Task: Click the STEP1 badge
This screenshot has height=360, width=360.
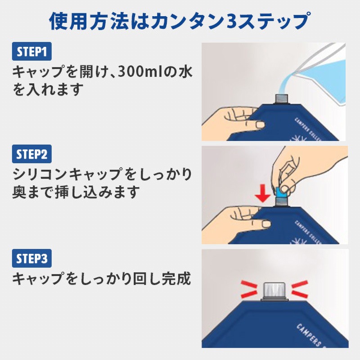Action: point(31,51)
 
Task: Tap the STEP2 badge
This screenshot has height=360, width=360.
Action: point(31,154)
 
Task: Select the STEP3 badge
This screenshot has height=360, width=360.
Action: point(31,258)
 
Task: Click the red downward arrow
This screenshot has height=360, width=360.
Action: point(263,194)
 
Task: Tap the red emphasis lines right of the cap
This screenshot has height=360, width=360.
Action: point(300,288)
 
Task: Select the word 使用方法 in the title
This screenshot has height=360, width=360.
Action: point(89,21)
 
